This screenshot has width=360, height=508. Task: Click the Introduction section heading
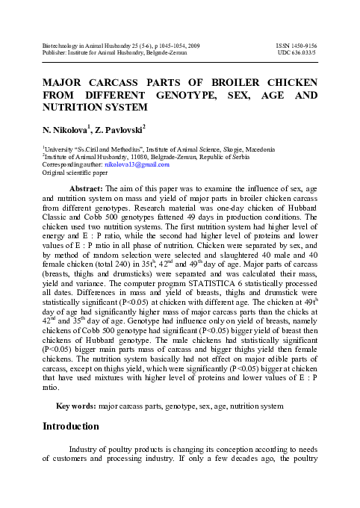70,427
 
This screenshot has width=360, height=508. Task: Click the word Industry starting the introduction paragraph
87,448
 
